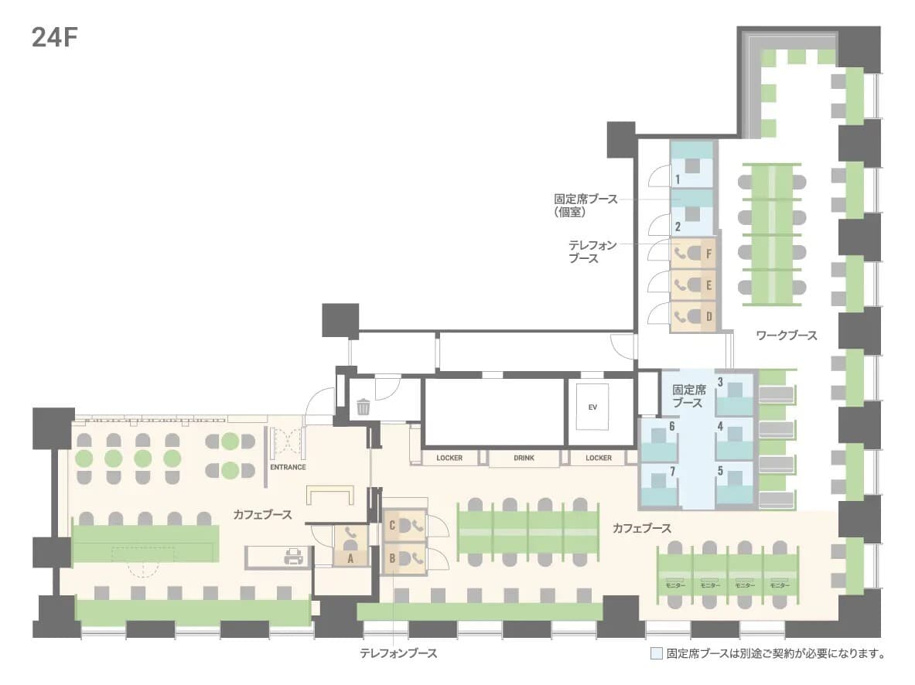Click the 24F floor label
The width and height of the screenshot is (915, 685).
54,37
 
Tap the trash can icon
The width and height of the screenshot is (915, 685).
363,406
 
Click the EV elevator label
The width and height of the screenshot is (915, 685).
592,407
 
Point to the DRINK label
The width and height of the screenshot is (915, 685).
524,458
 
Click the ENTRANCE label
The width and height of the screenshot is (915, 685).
288,468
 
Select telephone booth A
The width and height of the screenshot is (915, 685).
350,546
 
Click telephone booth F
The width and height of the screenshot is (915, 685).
693,254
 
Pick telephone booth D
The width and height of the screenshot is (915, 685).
693,317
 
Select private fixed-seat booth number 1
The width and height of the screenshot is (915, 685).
691,165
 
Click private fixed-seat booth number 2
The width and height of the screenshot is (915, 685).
691,213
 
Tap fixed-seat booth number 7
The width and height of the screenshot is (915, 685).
660,485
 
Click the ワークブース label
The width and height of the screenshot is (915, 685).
786,336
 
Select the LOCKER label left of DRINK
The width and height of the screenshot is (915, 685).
449,458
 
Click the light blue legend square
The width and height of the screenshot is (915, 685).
657,653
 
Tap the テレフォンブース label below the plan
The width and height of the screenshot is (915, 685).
398,653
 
